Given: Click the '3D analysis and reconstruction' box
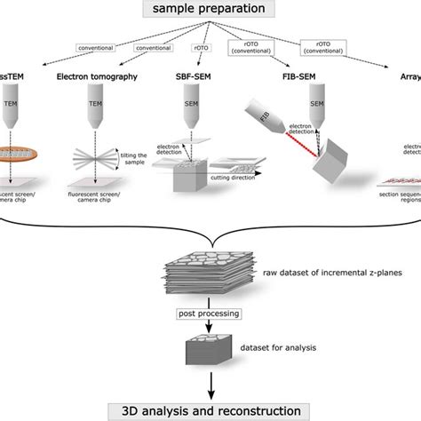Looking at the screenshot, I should click(210, 410).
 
